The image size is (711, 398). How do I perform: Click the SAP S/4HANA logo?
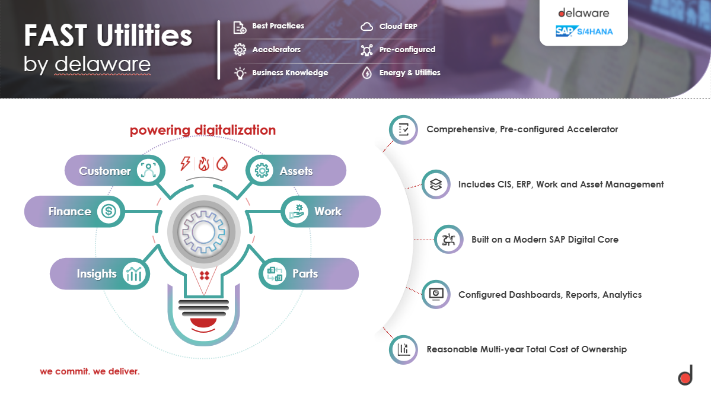coord(584,31)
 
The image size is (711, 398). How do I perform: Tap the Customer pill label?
coord(105,171)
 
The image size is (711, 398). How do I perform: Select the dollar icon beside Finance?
coord(109,211)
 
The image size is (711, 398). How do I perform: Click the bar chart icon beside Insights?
coord(135,273)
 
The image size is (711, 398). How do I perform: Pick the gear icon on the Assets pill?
coord(261,171)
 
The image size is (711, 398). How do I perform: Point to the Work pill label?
coord(328,211)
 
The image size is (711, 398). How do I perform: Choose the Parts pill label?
coord(305,273)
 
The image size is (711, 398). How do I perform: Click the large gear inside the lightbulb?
coord(204,229)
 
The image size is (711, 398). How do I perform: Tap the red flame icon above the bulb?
coord(204,164)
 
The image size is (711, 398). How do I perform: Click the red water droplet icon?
coord(222,164)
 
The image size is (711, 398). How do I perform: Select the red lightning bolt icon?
coord(186,164)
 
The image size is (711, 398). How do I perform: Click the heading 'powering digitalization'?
coord(203,130)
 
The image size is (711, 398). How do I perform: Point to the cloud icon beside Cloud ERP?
coord(367,27)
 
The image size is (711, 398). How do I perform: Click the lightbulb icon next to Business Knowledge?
coord(240,73)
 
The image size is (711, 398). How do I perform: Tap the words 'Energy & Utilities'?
coord(410,73)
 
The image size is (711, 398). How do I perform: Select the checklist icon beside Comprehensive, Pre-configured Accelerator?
coord(404,129)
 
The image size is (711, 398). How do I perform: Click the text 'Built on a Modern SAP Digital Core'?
coord(544,240)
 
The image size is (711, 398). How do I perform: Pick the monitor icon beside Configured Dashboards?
coord(436,294)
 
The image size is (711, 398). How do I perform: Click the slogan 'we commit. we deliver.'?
coord(90,372)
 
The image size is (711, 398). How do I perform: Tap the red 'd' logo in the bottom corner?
coord(686,376)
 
